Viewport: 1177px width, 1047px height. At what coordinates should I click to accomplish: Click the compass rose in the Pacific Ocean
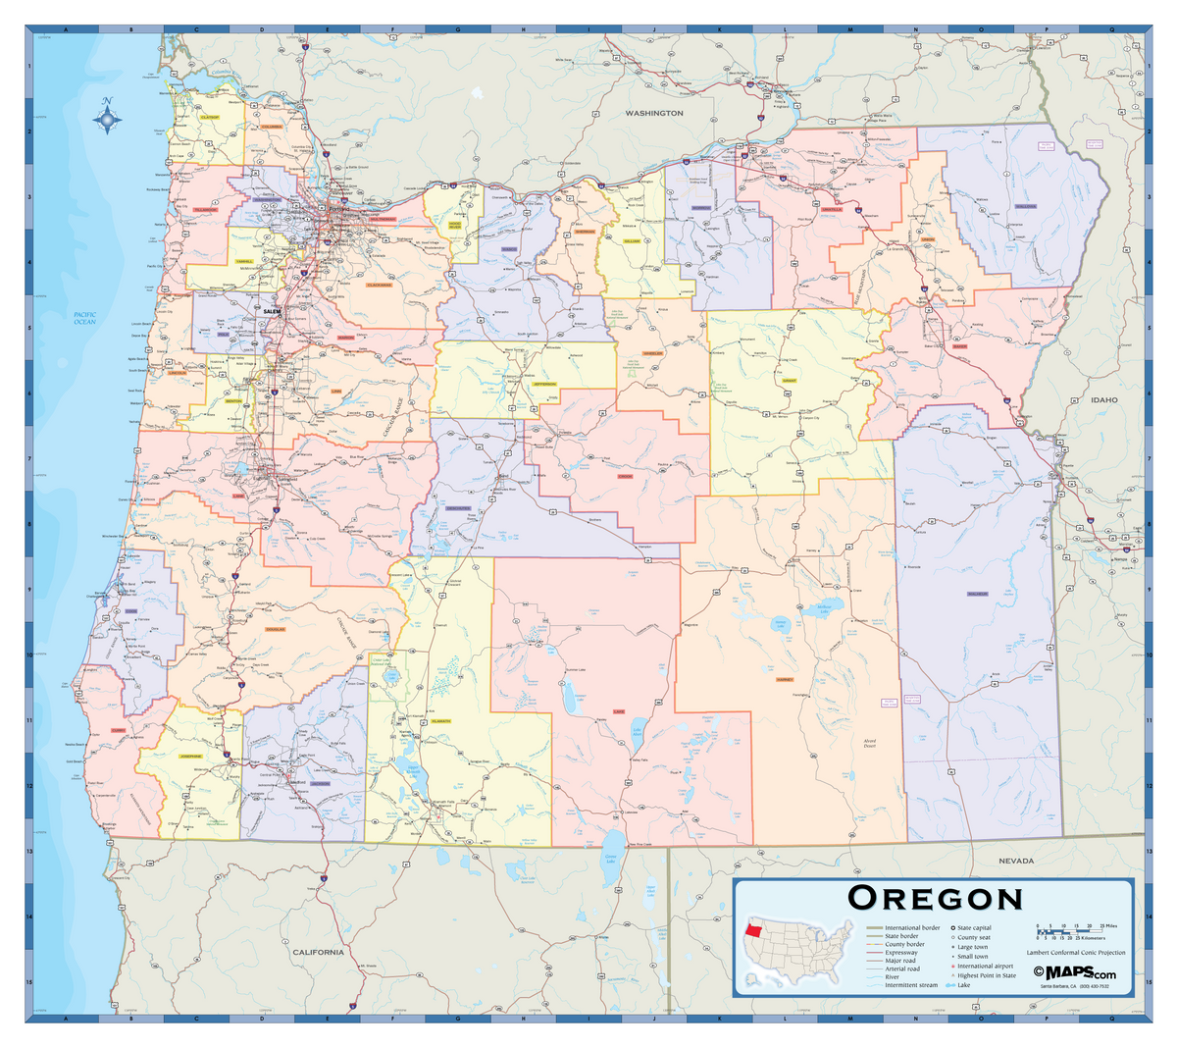[x=108, y=119]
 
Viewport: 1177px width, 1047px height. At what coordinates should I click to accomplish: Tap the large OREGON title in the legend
[x=935, y=898]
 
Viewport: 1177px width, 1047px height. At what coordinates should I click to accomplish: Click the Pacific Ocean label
[x=85, y=318]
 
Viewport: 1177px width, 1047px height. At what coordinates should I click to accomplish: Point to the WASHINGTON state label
[x=654, y=113]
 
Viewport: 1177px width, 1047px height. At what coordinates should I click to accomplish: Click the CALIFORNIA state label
[x=318, y=952]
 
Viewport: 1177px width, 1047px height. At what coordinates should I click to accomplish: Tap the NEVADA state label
[x=1016, y=861]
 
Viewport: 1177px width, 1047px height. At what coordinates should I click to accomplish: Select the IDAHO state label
[x=1104, y=400]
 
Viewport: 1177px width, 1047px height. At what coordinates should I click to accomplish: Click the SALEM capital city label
[x=272, y=311]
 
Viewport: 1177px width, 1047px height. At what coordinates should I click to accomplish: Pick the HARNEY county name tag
[x=785, y=679]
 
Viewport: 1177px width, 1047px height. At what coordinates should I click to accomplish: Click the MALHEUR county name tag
[x=977, y=594]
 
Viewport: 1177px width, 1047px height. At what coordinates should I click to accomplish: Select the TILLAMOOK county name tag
[x=204, y=209]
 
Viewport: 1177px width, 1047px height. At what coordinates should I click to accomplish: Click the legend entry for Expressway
[x=901, y=952]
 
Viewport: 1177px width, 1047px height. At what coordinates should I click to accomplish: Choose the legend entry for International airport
[x=984, y=966]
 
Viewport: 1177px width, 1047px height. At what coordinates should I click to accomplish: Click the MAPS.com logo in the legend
[x=1074, y=972]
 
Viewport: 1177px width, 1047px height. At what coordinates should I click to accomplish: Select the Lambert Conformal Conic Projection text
[x=1076, y=953]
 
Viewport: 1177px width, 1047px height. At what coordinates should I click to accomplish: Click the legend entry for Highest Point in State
[x=986, y=975]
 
